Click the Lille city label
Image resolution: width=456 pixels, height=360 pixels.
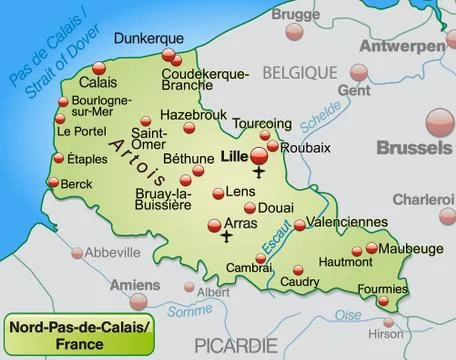pos(235,156)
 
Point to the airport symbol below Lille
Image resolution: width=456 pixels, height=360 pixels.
pos(260,174)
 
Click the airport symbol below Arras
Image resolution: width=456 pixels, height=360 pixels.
pos(226,238)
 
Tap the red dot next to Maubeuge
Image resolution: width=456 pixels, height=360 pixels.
pos(372,248)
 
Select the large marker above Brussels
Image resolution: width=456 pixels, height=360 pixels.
pos(437,124)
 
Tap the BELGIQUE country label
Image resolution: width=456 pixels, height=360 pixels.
pos(299,72)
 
